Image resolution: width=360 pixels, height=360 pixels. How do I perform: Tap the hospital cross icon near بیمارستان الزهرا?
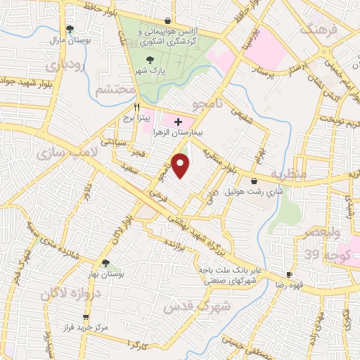point(178,122)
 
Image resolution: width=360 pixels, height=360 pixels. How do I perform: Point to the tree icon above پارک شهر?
point(148,60)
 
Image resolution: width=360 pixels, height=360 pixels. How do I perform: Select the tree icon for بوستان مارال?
point(69,29)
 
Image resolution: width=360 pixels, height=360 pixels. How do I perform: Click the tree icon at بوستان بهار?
point(105,263)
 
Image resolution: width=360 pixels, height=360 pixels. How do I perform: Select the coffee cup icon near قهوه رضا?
point(289,274)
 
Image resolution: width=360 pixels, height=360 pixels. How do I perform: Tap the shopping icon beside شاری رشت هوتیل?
point(262,181)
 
